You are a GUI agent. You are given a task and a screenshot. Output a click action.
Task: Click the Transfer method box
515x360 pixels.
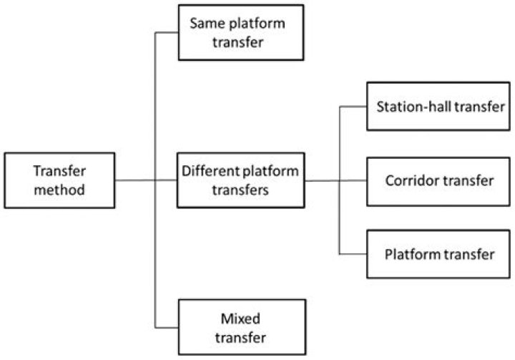(x=59, y=180)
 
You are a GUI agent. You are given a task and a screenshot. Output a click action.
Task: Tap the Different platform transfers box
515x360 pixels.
(x=240, y=180)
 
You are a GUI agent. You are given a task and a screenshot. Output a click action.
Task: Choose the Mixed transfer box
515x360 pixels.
(x=237, y=327)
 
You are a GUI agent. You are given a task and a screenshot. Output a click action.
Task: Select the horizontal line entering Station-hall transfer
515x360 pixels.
(x=353, y=107)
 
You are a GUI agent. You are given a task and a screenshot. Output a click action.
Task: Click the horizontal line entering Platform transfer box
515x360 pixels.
(x=353, y=254)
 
